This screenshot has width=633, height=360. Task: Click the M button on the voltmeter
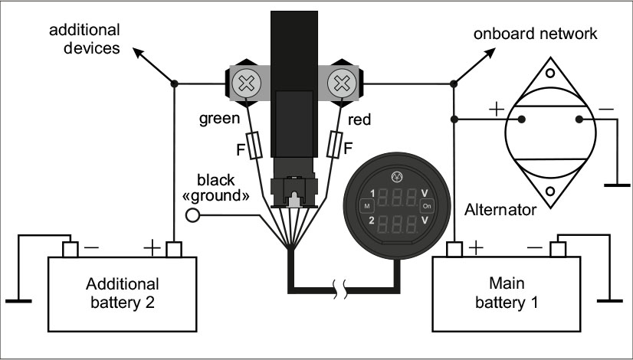click(x=367, y=206)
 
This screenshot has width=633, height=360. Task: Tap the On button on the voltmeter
click(x=427, y=206)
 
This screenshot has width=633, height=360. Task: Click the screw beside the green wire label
click(x=245, y=83)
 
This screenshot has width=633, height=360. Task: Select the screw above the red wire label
click(x=342, y=83)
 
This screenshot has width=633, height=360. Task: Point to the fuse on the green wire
click(x=254, y=146)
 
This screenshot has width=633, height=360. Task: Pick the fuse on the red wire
click(x=334, y=144)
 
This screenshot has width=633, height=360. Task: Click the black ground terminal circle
click(x=192, y=215)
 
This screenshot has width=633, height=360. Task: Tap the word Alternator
click(x=500, y=209)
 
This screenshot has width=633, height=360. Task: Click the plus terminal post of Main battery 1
click(x=454, y=249)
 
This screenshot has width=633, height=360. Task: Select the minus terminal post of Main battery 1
click(x=558, y=249)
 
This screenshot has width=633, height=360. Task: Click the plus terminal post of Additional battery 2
click(x=174, y=249)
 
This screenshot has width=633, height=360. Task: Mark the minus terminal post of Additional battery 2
click(x=71, y=249)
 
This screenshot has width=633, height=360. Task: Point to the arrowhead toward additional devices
click(x=139, y=53)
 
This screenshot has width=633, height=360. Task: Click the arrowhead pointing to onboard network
click(x=490, y=53)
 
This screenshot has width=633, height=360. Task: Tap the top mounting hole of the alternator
click(x=550, y=73)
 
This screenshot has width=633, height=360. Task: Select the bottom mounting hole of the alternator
click(x=550, y=191)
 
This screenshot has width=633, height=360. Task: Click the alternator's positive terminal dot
click(x=522, y=119)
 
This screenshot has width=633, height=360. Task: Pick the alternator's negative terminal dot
click(x=579, y=119)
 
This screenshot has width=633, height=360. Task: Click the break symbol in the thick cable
click(x=340, y=290)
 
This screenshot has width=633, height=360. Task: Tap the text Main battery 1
click(x=507, y=293)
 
